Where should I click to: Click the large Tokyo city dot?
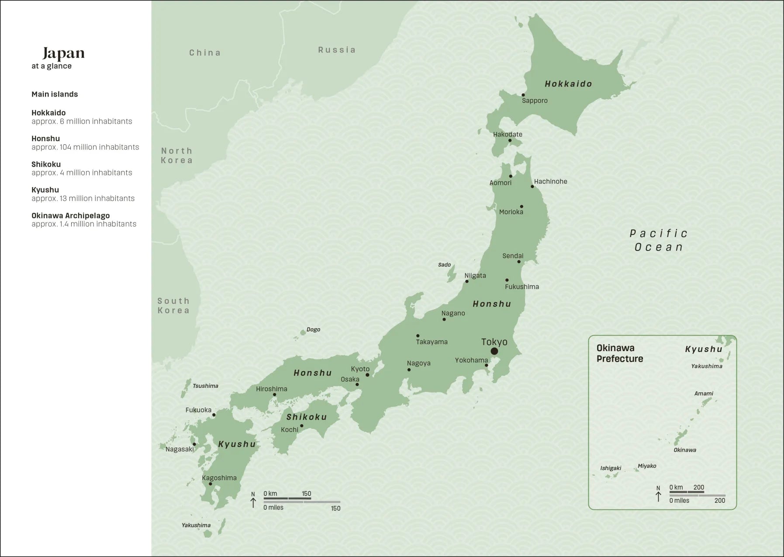coord(494,351)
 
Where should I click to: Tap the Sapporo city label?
coord(535,101)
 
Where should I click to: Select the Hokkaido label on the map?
coord(568,84)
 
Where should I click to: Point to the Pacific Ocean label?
coord(659,240)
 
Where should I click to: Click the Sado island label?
coord(444,265)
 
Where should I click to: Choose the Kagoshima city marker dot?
coord(210,484)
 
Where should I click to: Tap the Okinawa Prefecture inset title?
coord(619,353)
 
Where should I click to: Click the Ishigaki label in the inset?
coord(610,468)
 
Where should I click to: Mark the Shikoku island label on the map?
coord(307,417)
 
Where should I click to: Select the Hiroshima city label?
coord(271,389)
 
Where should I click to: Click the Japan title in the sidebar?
coord(63,53)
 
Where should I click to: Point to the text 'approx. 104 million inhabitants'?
coord(85,147)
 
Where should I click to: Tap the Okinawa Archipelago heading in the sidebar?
coord(70,216)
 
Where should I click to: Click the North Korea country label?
coord(176,156)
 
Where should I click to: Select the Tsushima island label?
coord(205,386)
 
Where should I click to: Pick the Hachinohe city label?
coord(550,181)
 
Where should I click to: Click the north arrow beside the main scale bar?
coord(253,501)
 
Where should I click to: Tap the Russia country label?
coord(337,50)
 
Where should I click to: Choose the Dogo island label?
coord(313,330)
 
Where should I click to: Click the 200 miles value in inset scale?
coord(719,501)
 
